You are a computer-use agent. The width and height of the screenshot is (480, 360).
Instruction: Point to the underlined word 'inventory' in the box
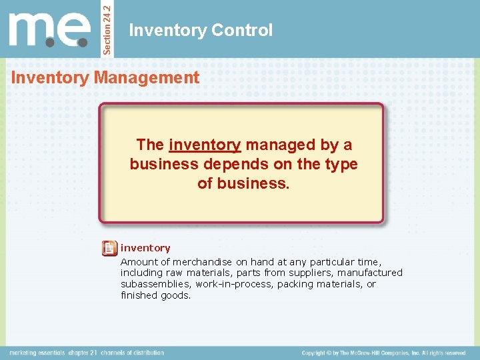205,145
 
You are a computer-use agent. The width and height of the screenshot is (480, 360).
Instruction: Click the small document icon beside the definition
109,249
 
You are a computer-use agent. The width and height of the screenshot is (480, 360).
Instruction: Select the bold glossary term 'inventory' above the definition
145,248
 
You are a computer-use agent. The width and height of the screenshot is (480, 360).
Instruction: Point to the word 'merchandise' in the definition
195,262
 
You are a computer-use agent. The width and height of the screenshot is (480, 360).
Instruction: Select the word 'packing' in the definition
296,284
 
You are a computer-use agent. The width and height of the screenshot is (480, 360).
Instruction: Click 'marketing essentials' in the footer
37,353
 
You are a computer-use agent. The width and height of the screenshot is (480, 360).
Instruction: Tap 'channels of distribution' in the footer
133,353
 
